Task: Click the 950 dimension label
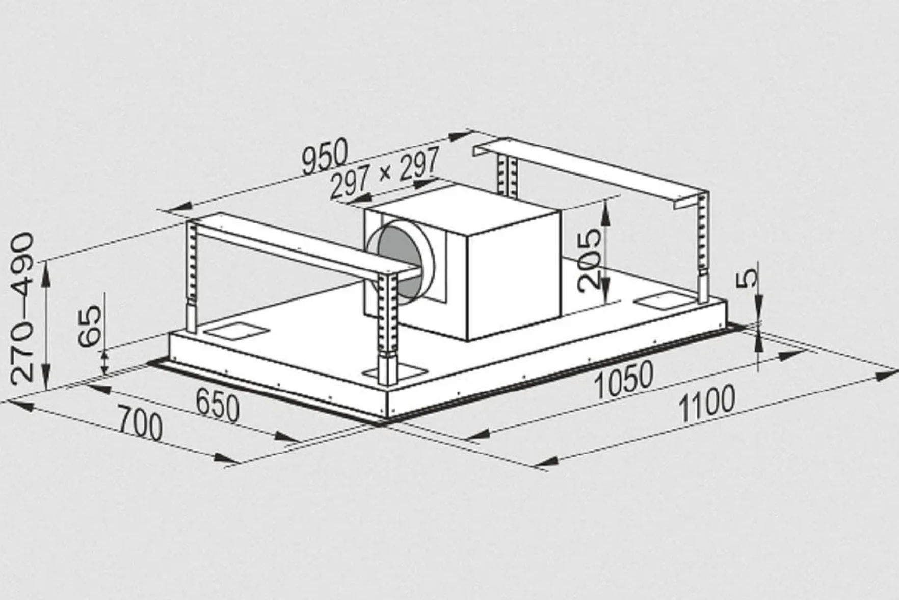tap(325, 156)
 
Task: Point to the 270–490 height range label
tap(22, 308)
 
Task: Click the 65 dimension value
tap(91, 326)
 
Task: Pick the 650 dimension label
tap(218, 404)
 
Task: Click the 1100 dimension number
tap(707, 404)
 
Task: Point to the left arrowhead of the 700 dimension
tap(15, 405)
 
